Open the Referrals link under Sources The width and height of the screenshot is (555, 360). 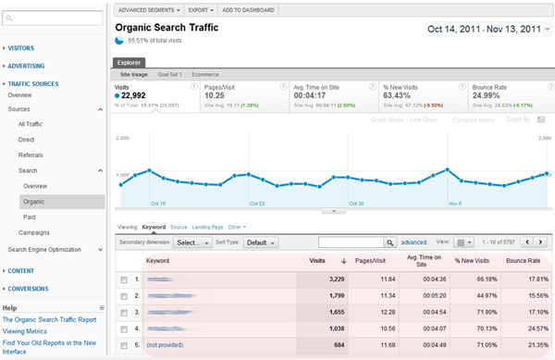pyautogui.click(x=31, y=155)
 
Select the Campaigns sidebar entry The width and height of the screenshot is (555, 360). pyautogui.click(x=33, y=232)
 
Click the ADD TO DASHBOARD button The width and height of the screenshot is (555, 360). pyautogui.click(x=248, y=9)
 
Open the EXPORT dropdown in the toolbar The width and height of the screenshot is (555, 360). pyautogui.click(x=201, y=9)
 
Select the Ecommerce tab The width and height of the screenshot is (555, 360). pyautogui.click(x=206, y=73)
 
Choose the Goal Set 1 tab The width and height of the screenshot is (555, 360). pyautogui.click(x=169, y=73)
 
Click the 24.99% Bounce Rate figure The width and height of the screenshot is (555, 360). pyautogui.click(x=493, y=95)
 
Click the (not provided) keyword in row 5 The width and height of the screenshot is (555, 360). pyautogui.click(x=163, y=346)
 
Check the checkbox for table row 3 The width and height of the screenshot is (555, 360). pyautogui.click(x=124, y=313)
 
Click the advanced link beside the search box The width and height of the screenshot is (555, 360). pyautogui.click(x=413, y=242)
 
